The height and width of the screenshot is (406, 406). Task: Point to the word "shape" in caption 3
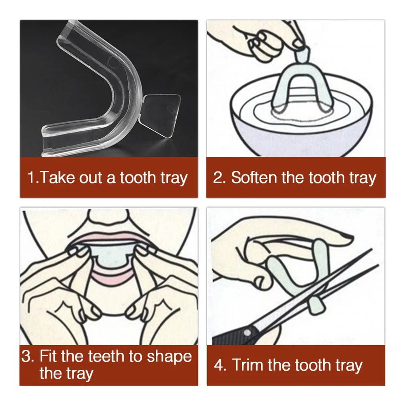tap(169, 357)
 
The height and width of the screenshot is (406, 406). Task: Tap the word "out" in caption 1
tap(91, 178)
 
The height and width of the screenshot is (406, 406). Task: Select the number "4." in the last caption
tap(220, 365)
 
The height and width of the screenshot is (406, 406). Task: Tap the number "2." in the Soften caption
tap(219, 178)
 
